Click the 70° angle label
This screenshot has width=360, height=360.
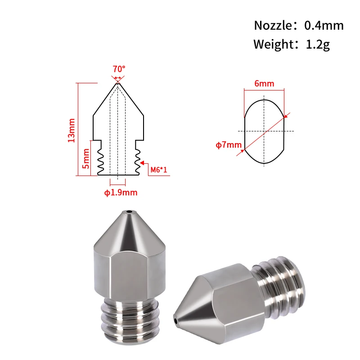(x=119, y=69)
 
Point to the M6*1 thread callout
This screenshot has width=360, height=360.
(x=158, y=170)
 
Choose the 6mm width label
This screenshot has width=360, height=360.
(x=264, y=84)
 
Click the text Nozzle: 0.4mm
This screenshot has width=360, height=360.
(x=299, y=25)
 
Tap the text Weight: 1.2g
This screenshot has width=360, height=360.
(x=292, y=45)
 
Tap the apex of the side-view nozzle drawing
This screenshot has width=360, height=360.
(x=118, y=83)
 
